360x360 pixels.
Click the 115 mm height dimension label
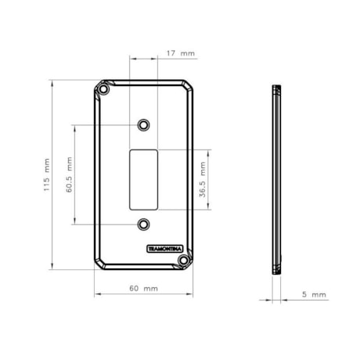[x=46, y=175]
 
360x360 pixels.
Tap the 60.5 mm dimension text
[x=69, y=175]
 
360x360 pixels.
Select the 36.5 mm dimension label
[x=203, y=179]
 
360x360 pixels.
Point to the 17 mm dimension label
[x=181, y=53]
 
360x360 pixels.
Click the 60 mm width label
[x=143, y=289]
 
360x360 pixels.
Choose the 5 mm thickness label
[x=314, y=294]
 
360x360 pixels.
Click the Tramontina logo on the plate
[x=165, y=249]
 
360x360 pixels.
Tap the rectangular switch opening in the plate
[x=143, y=180]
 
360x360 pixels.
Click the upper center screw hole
[x=143, y=125]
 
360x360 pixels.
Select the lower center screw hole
[x=143, y=225]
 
